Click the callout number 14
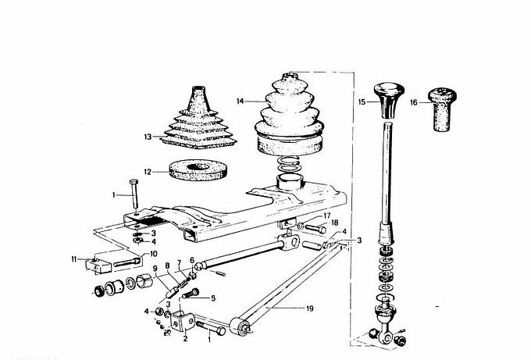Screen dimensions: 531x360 (x=240, y=102)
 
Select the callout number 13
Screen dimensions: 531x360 (x=148, y=137)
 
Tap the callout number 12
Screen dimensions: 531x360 (x=148, y=172)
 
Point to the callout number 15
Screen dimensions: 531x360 (x=362, y=102)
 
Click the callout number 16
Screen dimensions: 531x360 (x=414, y=102)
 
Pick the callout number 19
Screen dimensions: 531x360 (x=309, y=308)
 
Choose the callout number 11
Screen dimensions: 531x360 (x=74, y=259)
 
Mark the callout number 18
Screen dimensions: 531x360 (x=334, y=223)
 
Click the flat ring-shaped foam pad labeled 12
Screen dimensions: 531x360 (x=198, y=170)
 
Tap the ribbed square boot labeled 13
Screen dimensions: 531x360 (x=199, y=122)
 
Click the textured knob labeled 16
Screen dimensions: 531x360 (x=442, y=109)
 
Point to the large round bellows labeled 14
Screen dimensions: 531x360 (x=289, y=115)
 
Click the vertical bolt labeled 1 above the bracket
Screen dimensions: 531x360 (x=134, y=194)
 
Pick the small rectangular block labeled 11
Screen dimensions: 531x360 (x=98, y=266)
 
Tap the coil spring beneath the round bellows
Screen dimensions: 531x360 (x=288, y=165)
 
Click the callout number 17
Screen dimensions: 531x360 (x=326, y=216)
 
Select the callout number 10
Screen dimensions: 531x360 (x=153, y=254)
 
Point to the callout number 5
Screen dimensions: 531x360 (x=213, y=298)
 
